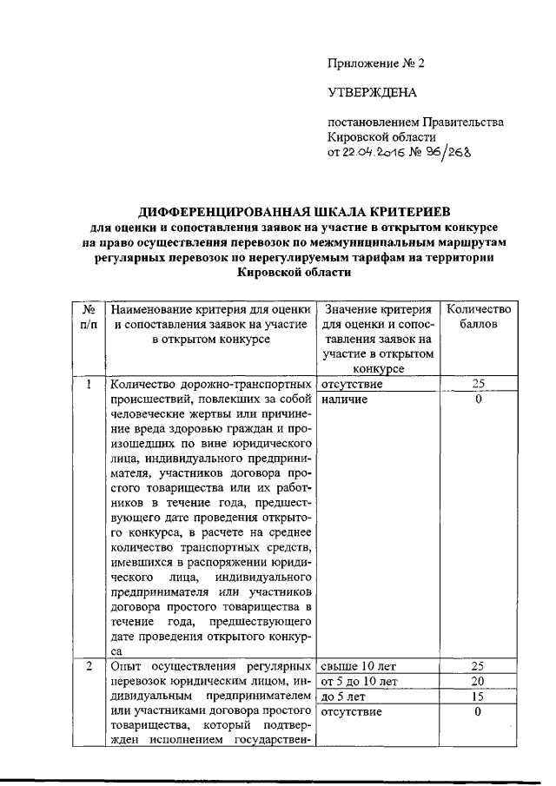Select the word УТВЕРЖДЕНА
pyautogui.click(x=372, y=92)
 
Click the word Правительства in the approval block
pyautogui.click(x=461, y=122)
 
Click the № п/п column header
pyautogui.click(x=88, y=316)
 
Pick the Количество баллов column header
pyautogui.click(x=478, y=316)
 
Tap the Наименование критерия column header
pyautogui.click(x=206, y=324)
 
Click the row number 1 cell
pyautogui.click(x=88, y=384)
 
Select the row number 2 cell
pyautogui.click(x=88, y=666)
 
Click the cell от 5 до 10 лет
pyautogui.click(x=360, y=681)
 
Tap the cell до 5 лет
pyautogui.click(x=343, y=697)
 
